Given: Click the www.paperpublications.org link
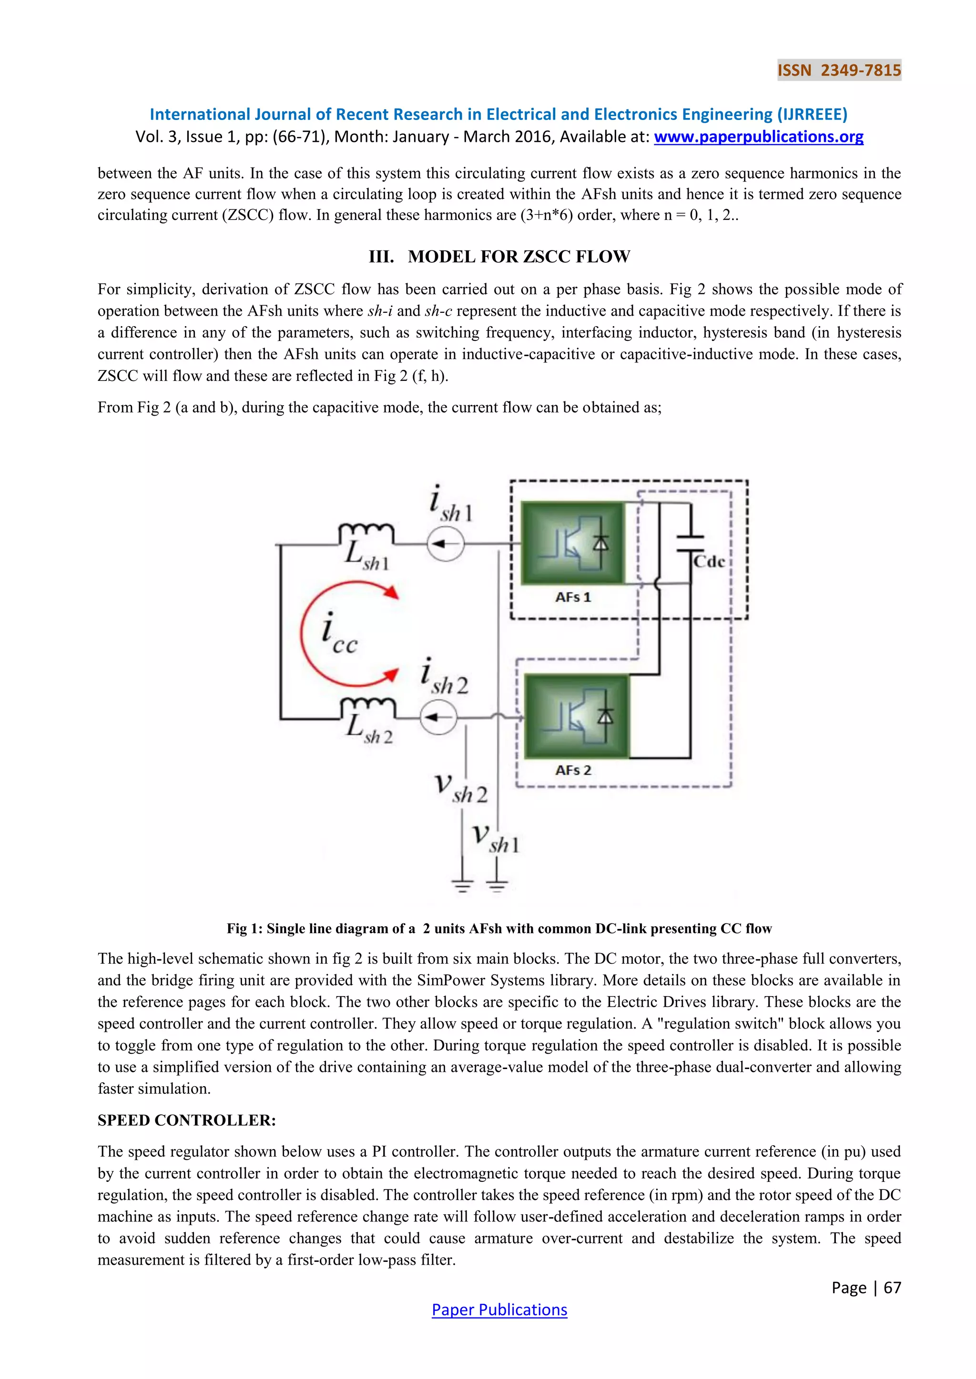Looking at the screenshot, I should point(758,137).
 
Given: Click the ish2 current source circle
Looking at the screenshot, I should point(438,717).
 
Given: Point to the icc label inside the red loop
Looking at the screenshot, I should point(339,635).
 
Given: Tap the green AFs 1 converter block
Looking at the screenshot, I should point(573,543).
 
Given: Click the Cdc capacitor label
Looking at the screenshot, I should point(709,561).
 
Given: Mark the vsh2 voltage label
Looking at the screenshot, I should point(460,788).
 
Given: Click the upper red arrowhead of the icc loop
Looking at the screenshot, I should point(391,592).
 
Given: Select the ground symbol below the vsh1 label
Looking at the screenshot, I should point(497,883).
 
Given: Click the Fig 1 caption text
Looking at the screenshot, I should point(499,929).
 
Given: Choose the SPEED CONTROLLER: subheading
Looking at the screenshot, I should point(186,1120).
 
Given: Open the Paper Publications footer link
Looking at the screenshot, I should point(499,1310).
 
